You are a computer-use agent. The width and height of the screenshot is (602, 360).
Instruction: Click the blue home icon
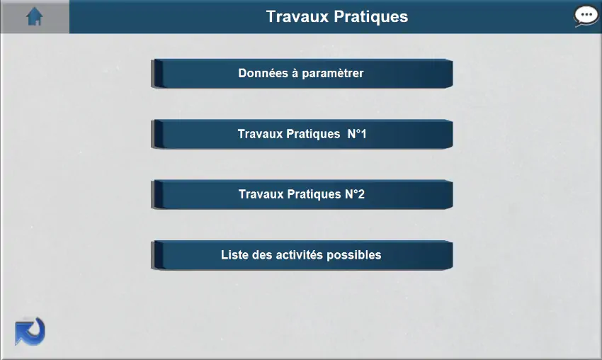pos(34,16)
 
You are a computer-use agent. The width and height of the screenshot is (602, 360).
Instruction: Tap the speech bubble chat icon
pos(586,16)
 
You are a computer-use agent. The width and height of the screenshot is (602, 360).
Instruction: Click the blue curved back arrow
pos(30,331)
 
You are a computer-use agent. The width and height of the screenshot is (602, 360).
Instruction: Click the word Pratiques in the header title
pos(371,17)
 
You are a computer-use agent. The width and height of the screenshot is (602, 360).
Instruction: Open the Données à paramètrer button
pos(302,74)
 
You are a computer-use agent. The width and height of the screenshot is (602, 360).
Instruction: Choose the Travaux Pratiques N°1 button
pos(302,134)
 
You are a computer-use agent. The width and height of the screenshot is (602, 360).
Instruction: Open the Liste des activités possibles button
pos(302,255)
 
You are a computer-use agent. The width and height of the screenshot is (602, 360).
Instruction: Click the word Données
pos(263,73)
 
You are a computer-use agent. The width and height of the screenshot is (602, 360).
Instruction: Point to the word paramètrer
pos(332,74)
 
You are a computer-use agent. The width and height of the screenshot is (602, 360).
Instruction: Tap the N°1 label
pos(357,134)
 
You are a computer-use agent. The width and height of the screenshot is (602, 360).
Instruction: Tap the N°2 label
pos(355,194)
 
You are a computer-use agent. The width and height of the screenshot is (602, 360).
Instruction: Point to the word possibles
pos(353,255)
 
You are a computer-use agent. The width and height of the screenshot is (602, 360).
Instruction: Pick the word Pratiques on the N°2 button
pos(314,194)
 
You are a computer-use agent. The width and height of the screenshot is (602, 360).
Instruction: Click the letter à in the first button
pos(295,73)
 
